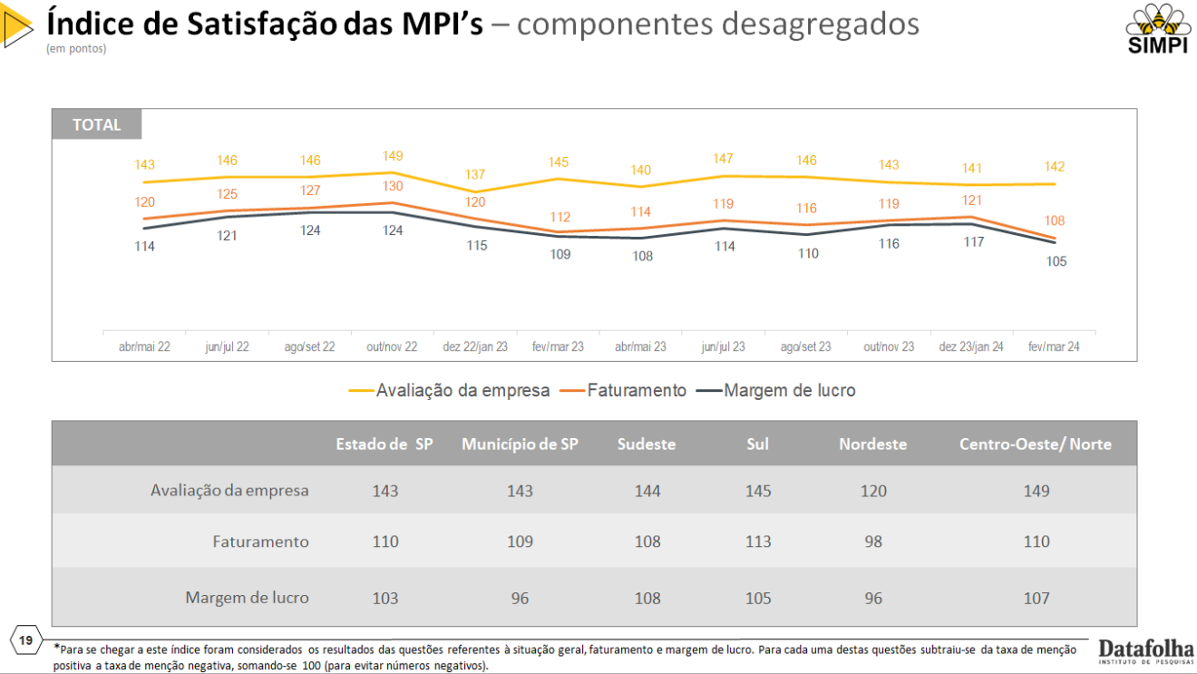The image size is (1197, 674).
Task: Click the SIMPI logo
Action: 1157,29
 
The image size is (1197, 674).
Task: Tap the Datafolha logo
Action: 1145,651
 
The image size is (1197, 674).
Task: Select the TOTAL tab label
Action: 96,125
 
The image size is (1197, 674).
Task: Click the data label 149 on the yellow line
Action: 393,156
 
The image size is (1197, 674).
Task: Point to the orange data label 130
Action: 393,187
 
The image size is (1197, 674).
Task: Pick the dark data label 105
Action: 1056,261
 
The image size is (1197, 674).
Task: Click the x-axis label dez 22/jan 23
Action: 475,347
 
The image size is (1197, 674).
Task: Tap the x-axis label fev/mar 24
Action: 1054,347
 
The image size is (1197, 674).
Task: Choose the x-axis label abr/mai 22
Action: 144,347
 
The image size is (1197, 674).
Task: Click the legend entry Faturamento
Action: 637,390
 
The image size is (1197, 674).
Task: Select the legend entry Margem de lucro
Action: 789,390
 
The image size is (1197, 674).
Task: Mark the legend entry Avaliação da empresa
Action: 462,390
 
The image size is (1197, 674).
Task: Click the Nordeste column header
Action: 872,444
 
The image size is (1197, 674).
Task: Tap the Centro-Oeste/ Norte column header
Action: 1035,444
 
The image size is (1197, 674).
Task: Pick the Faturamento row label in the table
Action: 260,542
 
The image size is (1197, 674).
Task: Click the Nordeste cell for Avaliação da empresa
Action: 873,491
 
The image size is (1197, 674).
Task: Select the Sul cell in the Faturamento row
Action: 758,542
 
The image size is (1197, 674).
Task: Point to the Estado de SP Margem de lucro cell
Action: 385,598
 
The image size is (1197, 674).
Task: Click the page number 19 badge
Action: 25,640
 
